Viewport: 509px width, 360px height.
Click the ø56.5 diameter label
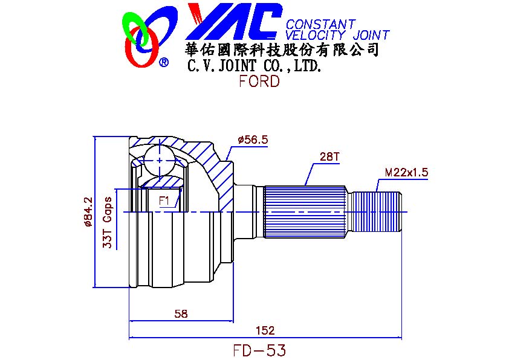click(x=253, y=140)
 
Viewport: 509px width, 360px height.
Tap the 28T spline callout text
click(x=330, y=158)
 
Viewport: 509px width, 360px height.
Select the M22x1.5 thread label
click(x=406, y=172)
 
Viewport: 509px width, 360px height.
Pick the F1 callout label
click(x=164, y=200)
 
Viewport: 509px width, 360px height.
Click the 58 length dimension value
click(x=180, y=313)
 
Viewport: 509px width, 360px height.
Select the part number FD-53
click(x=259, y=350)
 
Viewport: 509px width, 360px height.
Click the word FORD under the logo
click(x=259, y=82)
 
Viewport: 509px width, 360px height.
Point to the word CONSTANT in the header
click(x=320, y=25)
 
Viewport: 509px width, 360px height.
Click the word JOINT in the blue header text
click(x=368, y=36)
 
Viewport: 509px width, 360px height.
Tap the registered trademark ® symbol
click(x=164, y=62)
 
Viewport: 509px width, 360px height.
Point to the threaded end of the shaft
click(x=377, y=211)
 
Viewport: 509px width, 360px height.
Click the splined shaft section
click(x=305, y=211)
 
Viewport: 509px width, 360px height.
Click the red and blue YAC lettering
click(x=233, y=21)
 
